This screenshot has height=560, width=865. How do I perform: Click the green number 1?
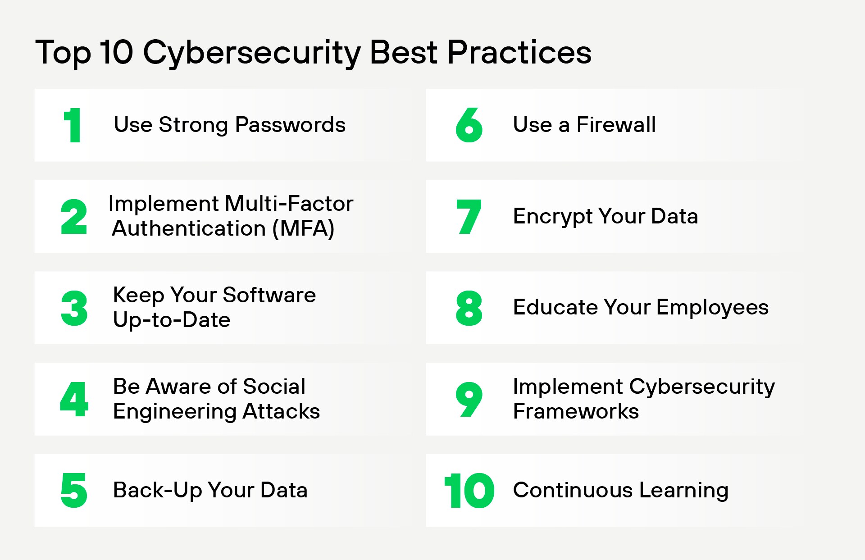click(x=73, y=125)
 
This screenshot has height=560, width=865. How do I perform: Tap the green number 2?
click(x=74, y=217)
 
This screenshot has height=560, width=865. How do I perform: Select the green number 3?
click(x=74, y=308)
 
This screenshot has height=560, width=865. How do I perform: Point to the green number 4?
click(x=74, y=399)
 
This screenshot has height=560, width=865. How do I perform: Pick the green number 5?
click(x=74, y=490)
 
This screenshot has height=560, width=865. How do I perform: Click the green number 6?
click(x=469, y=125)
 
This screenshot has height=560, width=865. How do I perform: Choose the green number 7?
click(x=469, y=217)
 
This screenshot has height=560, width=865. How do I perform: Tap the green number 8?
click(x=469, y=308)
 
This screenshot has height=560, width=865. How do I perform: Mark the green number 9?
click(x=469, y=399)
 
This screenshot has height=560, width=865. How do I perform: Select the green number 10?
click(x=469, y=491)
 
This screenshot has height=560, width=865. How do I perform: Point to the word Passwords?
click(x=290, y=125)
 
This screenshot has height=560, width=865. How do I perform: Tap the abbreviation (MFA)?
click(x=303, y=228)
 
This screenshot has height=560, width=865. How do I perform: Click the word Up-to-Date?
click(x=172, y=320)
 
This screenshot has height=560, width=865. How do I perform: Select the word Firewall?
click(x=616, y=125)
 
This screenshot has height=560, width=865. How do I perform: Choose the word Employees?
click(x=712, y=308)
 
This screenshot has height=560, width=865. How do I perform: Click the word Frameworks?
click(x=576, y=411)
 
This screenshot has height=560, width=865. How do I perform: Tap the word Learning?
click(x=683, y=490)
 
